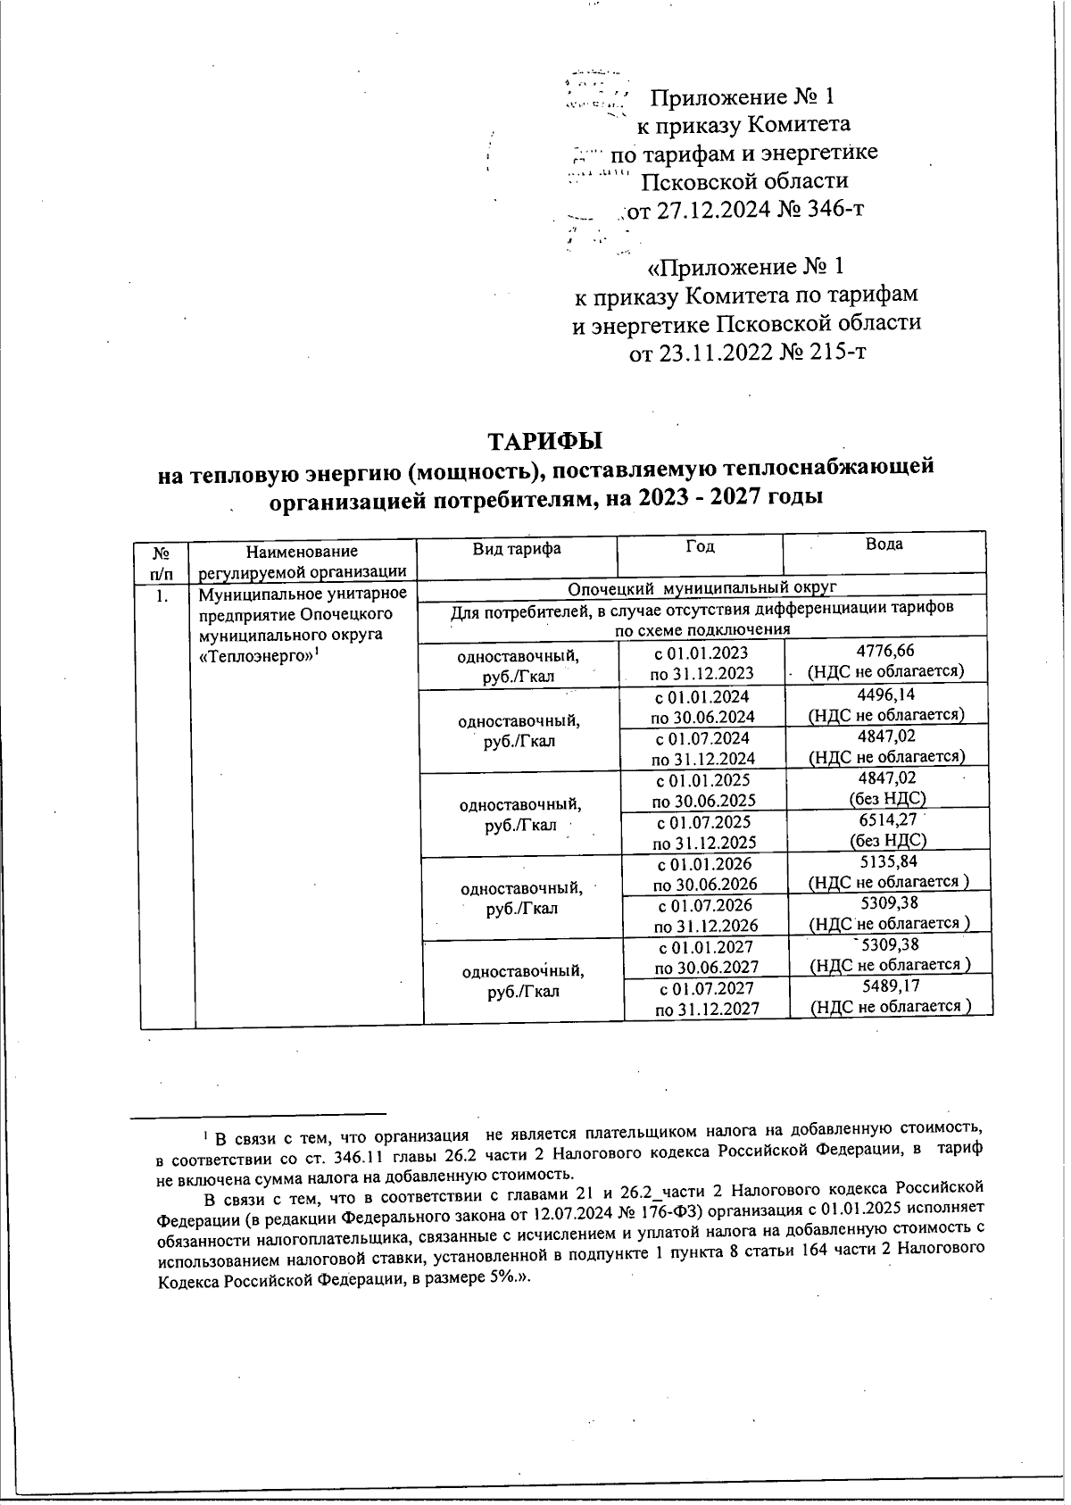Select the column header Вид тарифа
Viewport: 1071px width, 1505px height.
517,548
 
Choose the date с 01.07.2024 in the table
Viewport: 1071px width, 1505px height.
702,738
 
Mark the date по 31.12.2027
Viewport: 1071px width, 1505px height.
707,1009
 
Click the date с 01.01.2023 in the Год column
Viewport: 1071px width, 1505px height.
701,653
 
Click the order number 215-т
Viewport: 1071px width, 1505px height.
835,353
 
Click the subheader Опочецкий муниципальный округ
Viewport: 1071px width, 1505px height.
702,587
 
